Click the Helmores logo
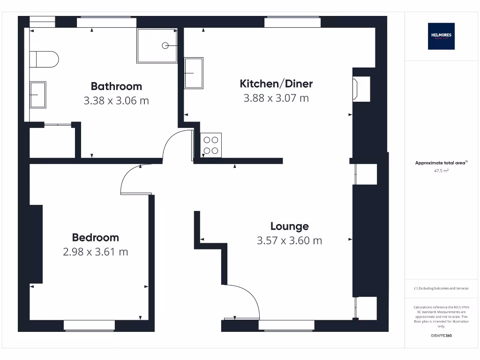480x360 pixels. pos(441,36)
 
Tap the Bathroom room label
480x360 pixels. pos(116,86)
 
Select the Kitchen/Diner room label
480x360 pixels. pos(276,84)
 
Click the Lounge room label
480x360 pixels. pos(289,226)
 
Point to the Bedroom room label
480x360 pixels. pos(95,237)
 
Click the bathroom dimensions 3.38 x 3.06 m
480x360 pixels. pos(116,100)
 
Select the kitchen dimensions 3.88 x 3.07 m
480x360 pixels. pos(276,98)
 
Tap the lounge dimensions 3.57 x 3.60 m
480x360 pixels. pos(289,240)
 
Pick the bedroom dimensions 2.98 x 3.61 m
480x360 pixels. pos(95,252)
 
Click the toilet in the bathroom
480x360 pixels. pos(45,60)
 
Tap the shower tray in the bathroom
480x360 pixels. pos(157,45)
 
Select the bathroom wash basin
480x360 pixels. pos(38,95)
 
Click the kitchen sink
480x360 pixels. pos(194,73)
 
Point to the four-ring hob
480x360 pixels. pos(211,145)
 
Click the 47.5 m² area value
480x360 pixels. pos(441,171)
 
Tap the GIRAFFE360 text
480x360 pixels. pos(441,336)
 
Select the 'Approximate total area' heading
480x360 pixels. pos(441,163)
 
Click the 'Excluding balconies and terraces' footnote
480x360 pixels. pos(441,288)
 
